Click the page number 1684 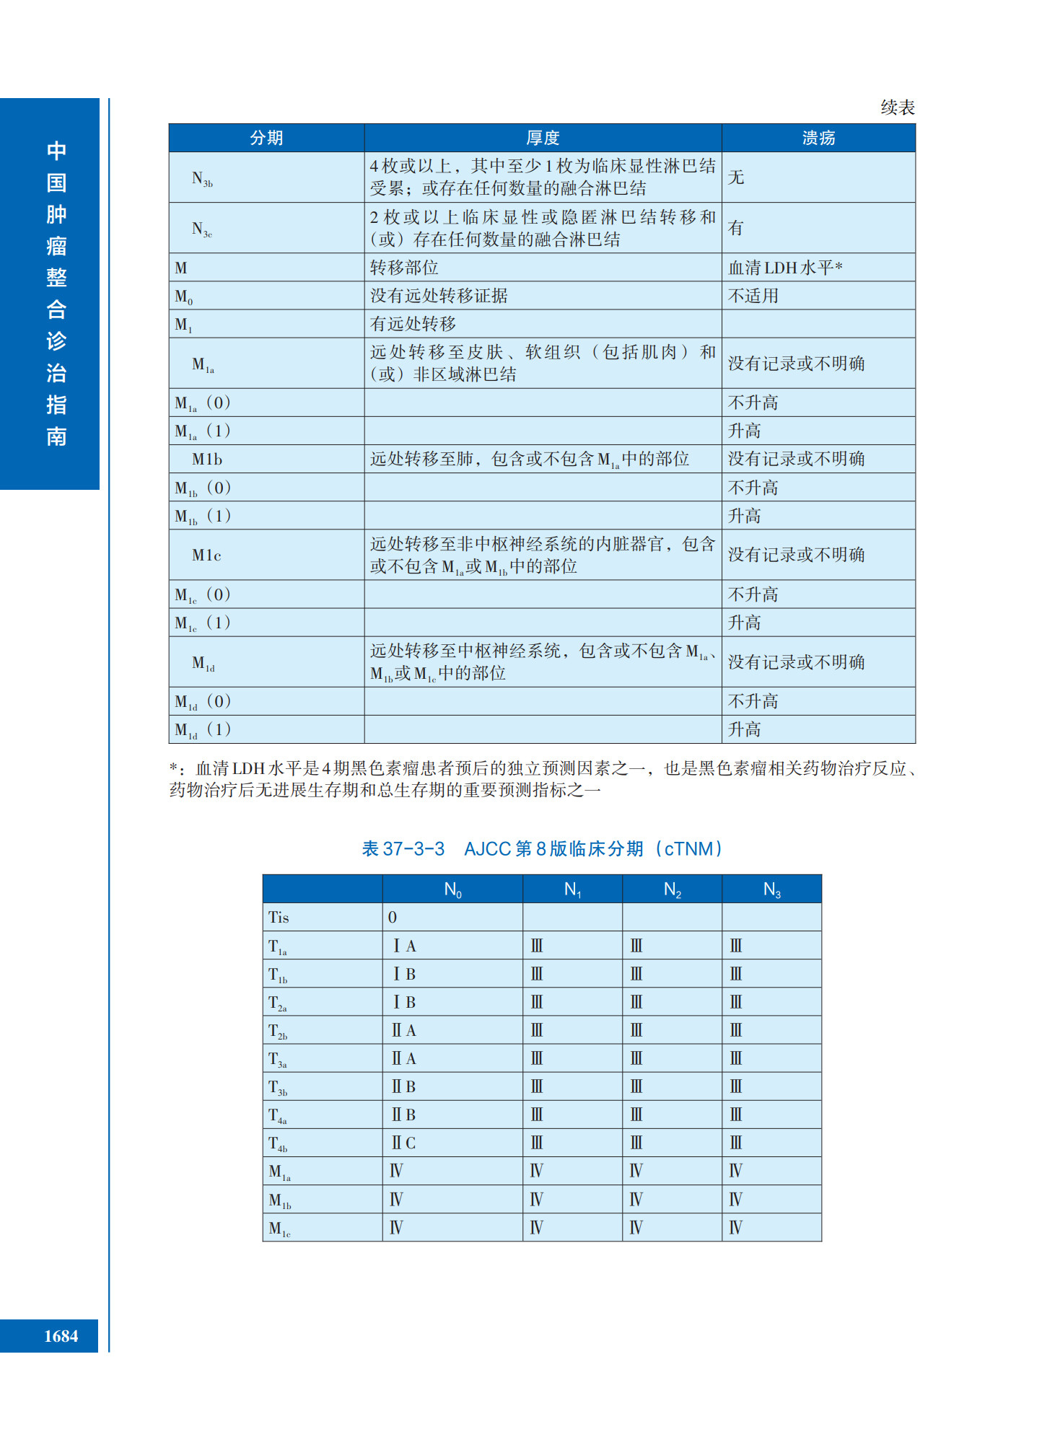(61, 1336)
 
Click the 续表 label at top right (897, 107)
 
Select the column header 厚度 (543, 138)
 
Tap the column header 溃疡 (818, 138)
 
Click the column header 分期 (266, 138)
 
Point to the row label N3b (202, 178)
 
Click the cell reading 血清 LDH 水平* (785, 268)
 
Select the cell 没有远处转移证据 (439, 296)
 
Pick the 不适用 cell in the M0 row (753, 296)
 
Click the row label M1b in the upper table (206, 460)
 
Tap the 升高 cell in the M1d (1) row (744, 729)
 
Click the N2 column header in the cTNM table (672, 889)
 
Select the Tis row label (279, 918)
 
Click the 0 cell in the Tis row (393, 918)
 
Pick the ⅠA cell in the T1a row (404, 946)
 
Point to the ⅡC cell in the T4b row (403, 1143)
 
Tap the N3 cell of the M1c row (735, 1228)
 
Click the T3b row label (278, 1087)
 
